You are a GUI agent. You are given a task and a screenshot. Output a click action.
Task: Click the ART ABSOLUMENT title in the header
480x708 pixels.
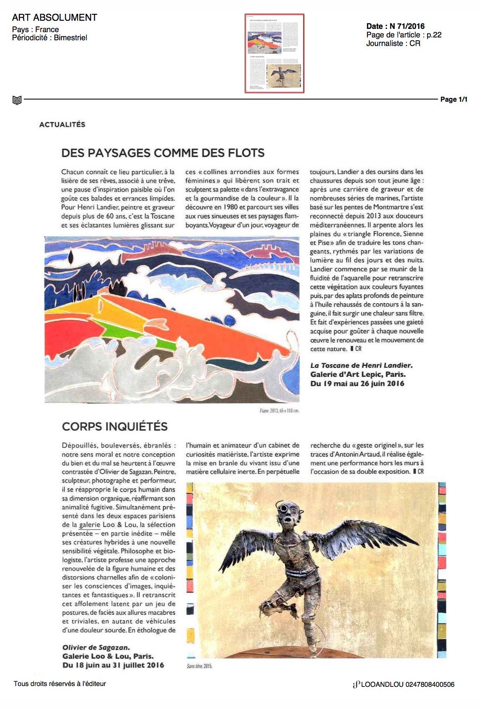pos(54,17)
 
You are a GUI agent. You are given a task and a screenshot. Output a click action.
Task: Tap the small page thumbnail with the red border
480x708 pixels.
pos(274,53)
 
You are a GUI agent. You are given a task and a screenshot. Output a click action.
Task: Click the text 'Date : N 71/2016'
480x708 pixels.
pos(395,26)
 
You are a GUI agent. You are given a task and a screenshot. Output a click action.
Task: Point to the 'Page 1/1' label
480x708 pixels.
pos(454,99)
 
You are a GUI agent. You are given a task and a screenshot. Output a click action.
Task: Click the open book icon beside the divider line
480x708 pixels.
pos(17,100)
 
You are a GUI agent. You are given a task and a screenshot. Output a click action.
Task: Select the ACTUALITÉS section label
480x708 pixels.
pos(62,125)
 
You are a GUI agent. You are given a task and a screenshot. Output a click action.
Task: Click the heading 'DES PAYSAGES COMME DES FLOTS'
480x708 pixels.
pos(163,153)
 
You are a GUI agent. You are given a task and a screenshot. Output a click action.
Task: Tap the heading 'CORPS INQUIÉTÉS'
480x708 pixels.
pos(115,426)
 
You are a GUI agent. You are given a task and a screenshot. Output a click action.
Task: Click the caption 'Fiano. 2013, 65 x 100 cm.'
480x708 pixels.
pos(279,411)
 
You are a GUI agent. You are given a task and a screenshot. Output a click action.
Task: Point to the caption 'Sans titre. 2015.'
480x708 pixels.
pos(200,666)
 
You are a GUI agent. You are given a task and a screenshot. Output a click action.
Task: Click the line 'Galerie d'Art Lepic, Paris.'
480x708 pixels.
pos(358,374)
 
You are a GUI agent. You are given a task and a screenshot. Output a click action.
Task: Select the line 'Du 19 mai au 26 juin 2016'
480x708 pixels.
pos(357,383)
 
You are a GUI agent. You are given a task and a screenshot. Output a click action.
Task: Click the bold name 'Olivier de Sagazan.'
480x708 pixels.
pos(96,647)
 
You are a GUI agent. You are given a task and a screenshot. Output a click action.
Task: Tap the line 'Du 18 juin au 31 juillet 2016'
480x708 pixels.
pos(113,665)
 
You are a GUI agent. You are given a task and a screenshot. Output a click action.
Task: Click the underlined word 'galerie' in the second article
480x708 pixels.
pos(89,525)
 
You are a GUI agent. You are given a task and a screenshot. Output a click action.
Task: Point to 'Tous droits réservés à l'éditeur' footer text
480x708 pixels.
pos(60,684)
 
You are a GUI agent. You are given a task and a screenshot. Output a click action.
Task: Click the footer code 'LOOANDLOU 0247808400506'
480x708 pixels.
pos(407,685)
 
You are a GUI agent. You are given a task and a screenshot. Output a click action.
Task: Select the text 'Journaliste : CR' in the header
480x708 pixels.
pos(393,44)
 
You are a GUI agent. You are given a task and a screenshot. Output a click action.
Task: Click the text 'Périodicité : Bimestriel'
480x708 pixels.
pos(50,38)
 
